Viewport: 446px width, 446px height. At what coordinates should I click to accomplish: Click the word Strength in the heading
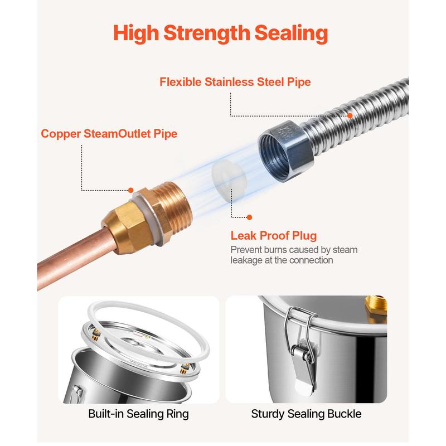207,33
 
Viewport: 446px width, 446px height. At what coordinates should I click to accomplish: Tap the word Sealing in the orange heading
291,33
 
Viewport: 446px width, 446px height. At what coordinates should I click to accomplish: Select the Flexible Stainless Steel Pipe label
235,82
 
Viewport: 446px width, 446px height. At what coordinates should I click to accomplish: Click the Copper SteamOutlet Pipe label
109,134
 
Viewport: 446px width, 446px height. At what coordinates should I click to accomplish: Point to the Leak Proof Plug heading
274,235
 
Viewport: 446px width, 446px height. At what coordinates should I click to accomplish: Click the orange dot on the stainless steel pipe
350,115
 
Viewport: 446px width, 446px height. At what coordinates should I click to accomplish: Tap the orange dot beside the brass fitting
131,190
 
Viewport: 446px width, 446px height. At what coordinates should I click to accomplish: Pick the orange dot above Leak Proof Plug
249,217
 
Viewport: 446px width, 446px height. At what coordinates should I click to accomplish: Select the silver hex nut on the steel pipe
285,151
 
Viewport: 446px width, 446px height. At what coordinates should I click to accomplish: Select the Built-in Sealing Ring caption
138,414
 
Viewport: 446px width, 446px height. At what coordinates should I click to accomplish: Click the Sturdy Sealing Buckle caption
306,414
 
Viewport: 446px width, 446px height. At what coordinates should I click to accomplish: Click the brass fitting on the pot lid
376,309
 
